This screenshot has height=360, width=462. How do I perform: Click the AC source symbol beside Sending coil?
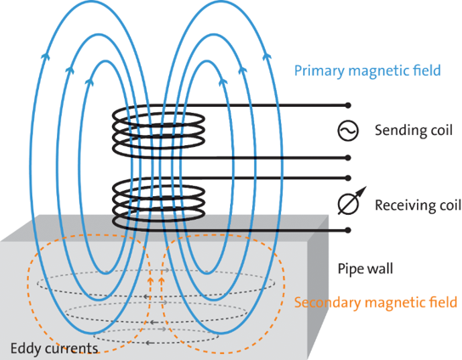pyautogui.click(x=348, y=131)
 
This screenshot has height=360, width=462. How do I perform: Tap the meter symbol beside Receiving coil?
pyautogui.click(x=350, y=202)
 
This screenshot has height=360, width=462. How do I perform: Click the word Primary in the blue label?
pyautogui.click(x=319, y=71)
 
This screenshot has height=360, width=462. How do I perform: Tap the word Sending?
pyautogui.click(x=399, y=131)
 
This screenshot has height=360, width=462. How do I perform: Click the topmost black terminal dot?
pyautogui.click(x=348, y=105)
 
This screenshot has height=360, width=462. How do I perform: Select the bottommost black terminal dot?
pyautogui.click(x=348, y=230)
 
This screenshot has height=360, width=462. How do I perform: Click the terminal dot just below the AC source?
pyautogui.click(x=348, y=158)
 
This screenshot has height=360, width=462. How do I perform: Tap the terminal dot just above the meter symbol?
pyautogui.click(x=348, y=178)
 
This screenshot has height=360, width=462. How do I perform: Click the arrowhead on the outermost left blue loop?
pyautogui.click(x=45, y=56)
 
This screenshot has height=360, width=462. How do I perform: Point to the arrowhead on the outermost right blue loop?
pyautogui.click(x=267, y=56)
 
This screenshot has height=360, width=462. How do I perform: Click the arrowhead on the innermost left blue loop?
pyautogui.click(x=89, y=82)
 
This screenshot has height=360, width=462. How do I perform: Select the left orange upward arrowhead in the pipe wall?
pyautogui.click(x=150, y=280)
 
